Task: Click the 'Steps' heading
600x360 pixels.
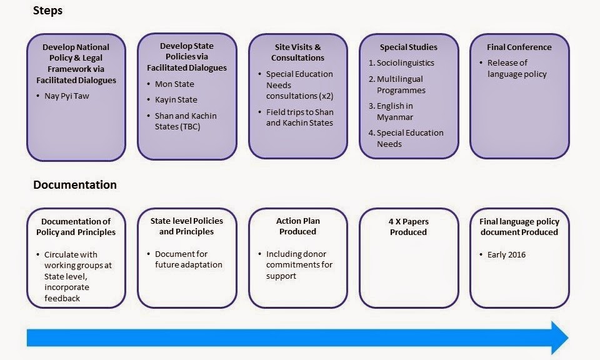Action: (x=47, y=11)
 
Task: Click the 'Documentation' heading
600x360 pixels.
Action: (x=75, y=185)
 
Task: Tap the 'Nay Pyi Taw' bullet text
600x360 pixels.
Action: (x=67, y=96)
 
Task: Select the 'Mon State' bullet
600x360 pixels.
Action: (x=174, y=84)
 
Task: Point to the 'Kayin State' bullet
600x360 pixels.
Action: (x=176, y=100)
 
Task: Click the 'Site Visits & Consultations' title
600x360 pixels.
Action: (x=297, y=52)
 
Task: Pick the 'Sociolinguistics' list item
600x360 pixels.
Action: (x=405, y=62)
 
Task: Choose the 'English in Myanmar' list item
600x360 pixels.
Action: (x=395, y=111)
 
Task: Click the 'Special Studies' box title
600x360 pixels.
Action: (x=408, y=47)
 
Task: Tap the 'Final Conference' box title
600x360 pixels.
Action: (x=519, y=47)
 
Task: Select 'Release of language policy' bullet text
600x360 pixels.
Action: (x=517, y=69)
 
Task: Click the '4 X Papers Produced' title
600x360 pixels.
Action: (x=408, y=227)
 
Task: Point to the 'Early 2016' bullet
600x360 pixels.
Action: (x=506, y=255)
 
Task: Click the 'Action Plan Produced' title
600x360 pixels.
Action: (x=297, y=226)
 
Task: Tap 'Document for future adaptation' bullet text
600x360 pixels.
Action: (x=189, y=259)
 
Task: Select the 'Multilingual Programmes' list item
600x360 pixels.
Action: (x=401, y=84)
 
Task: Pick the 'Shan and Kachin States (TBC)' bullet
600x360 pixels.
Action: (x=186, y=121)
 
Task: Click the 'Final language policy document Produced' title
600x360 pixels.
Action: (x=519, y=227)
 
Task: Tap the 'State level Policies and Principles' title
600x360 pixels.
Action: (x=187, y=226)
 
